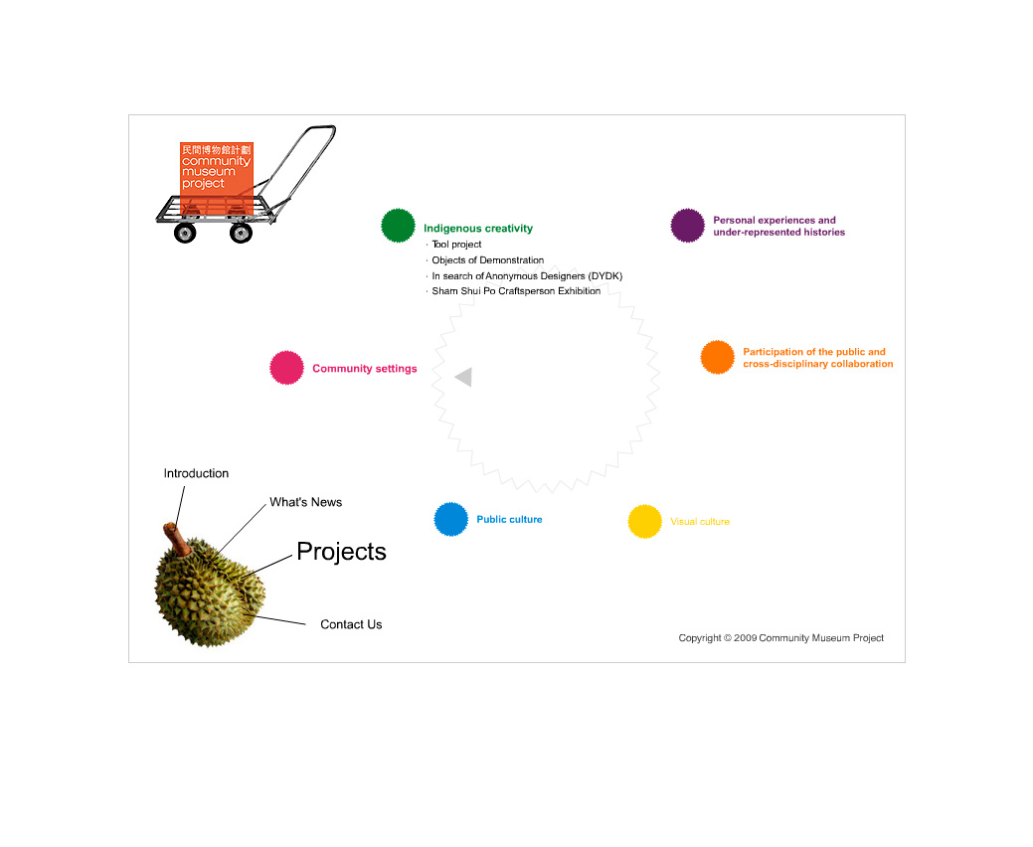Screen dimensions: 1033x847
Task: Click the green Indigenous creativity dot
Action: pos(398,226)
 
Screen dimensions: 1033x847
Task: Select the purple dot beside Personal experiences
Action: pos(688,226)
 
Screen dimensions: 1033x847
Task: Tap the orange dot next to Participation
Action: pos(718,357)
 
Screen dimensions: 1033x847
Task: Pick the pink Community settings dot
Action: pos(286,368)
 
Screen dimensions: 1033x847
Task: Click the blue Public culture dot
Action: pos(451,519)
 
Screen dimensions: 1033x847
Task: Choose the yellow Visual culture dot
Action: pos(645,521)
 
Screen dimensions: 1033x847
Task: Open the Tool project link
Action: pos(456,245)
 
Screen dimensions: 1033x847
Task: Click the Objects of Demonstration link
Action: pos(487,260)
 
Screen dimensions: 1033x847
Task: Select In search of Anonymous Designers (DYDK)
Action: pos(527,276)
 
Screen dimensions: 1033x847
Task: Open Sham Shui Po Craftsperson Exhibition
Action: pos(516,291)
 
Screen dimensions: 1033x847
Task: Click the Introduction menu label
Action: pos(196,473)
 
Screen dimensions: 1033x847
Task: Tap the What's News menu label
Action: pos(305,502)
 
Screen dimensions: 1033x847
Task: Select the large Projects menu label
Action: pos(341,552)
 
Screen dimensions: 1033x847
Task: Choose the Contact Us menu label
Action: pos(351,624)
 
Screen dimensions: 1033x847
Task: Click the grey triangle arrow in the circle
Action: pos(463,377)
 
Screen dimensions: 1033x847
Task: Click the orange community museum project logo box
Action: pos(217,178)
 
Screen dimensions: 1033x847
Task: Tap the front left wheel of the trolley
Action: pos(185,233)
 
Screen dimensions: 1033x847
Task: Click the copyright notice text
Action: pos(781,637)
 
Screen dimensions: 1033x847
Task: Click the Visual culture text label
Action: pos(700,522)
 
